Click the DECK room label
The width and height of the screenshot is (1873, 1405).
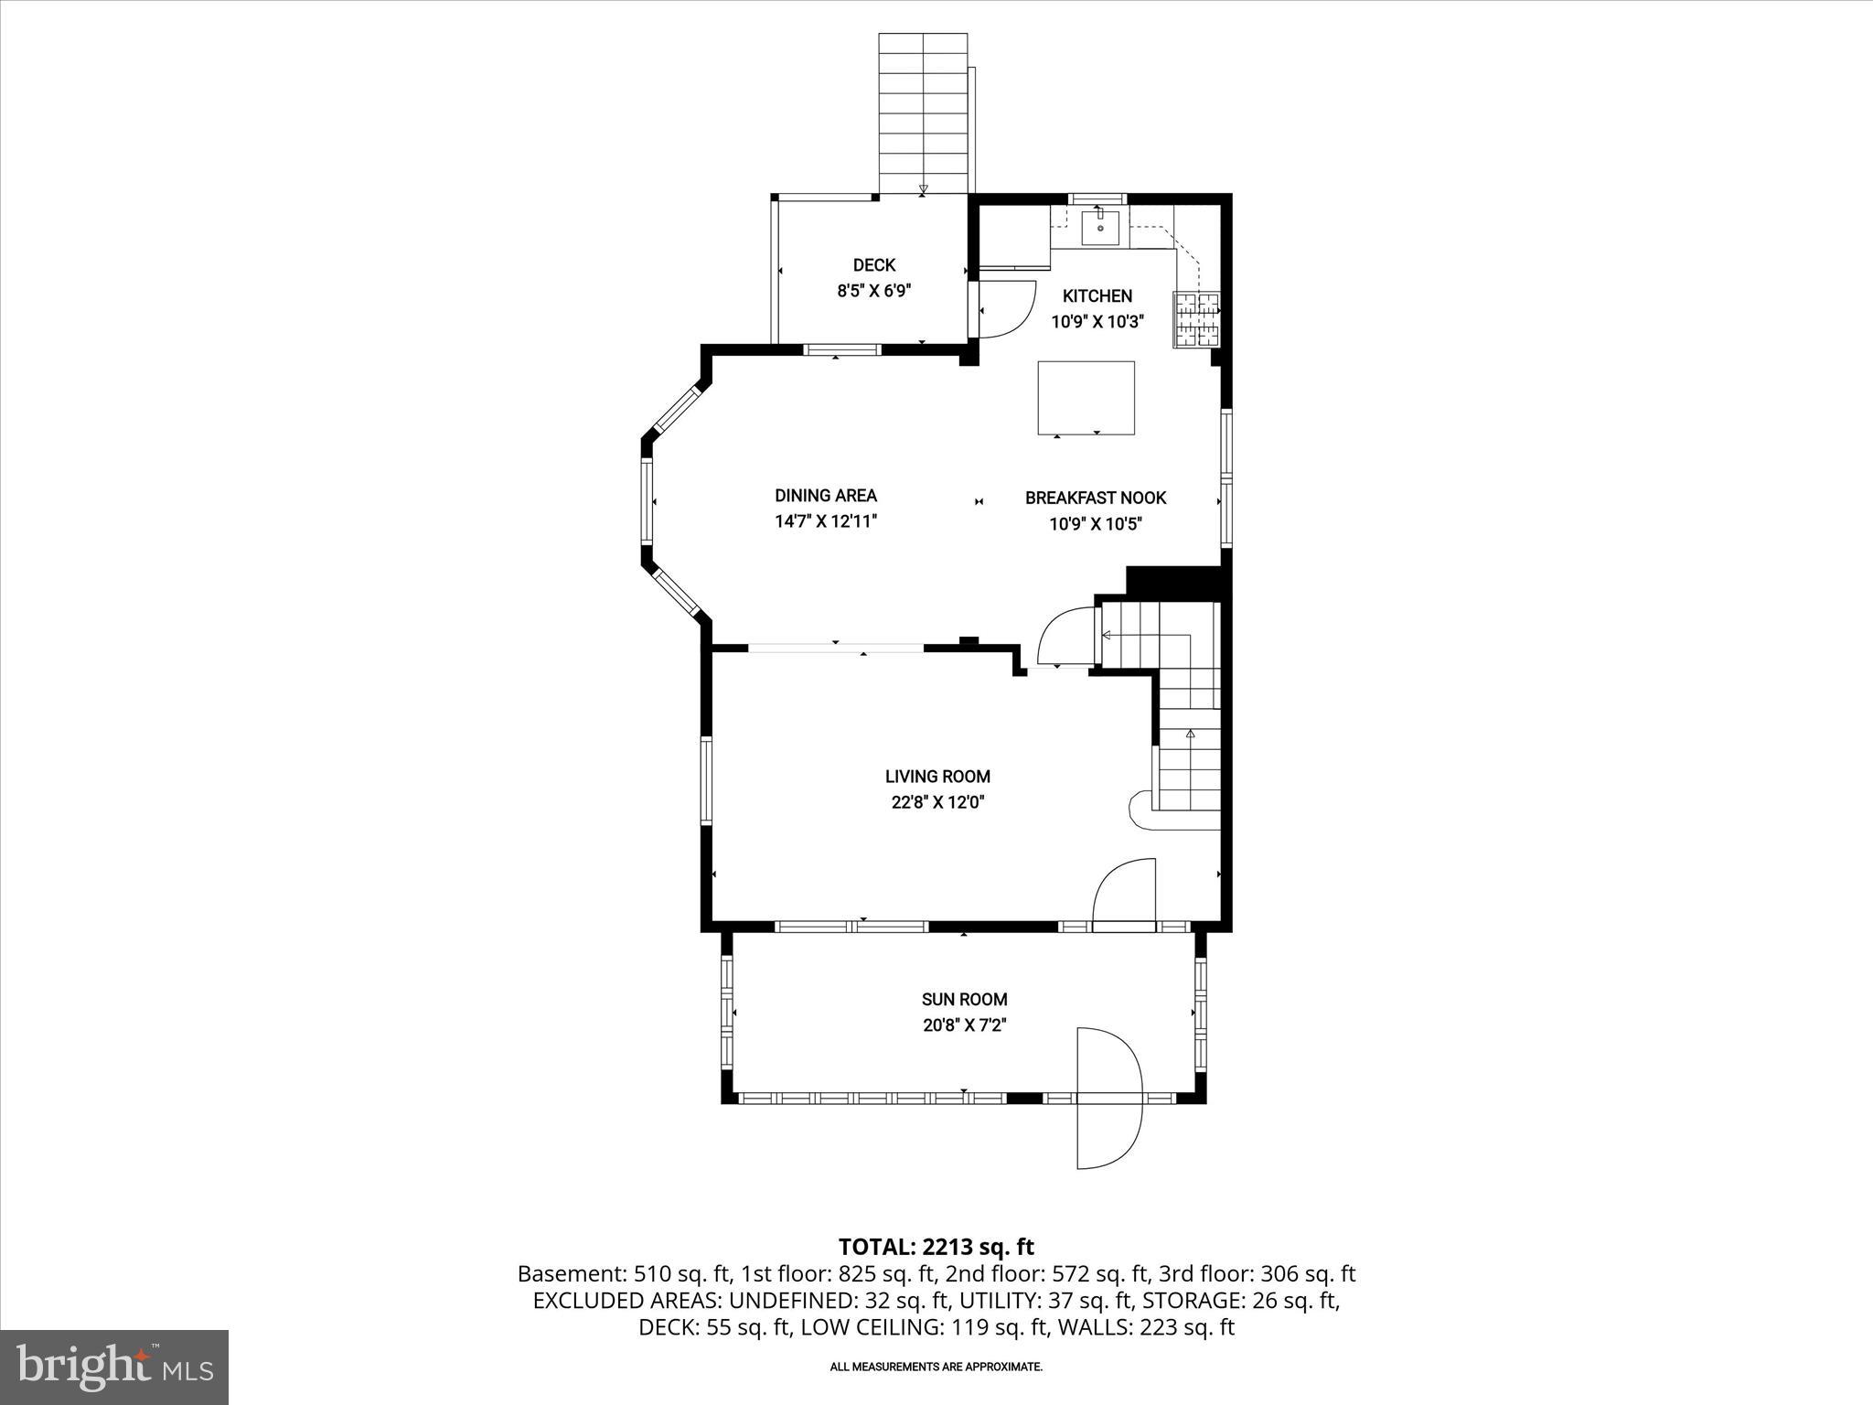click(873, 265)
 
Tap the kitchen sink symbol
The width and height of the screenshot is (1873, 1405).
click(1100, 228)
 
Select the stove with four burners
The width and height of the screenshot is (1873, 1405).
click(1196, 319)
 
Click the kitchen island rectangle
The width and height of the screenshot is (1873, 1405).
click(1086, 397)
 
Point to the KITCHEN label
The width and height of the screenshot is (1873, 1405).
click(1097, 296)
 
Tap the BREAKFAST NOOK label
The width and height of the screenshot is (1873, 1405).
click(1095, 499)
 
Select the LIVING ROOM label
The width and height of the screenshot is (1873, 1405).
click(937, 777)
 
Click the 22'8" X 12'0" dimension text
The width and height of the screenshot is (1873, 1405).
click(937, 803)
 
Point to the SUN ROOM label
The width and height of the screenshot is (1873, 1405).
click(964, 1000)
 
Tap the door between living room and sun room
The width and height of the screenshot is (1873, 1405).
click(1126, 893)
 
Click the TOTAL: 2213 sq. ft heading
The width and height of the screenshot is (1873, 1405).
click(936, 1247)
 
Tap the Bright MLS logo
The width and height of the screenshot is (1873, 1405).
click(114, 1367)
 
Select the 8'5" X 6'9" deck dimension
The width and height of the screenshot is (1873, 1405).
click(873, 292)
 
